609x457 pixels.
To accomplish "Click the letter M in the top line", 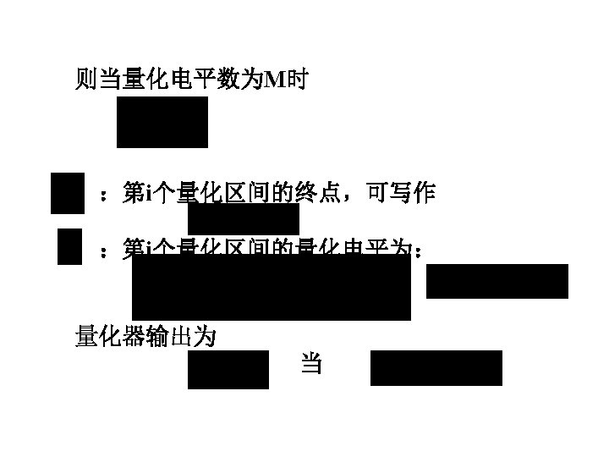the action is pos(277,81).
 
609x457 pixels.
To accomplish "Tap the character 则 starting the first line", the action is pos(87,81).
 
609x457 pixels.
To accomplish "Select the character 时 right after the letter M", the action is pos(298,81).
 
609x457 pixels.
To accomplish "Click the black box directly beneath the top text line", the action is pos(162,122).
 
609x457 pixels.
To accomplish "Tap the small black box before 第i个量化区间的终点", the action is pos(68,193).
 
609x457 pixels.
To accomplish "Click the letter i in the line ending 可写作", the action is pos(148,195).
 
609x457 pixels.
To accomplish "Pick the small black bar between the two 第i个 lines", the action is pos(244,220).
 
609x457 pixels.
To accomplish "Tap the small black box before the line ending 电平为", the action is pos(69,247).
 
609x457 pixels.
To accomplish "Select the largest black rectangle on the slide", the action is pos(272,288).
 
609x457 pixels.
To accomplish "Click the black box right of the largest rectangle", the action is pos(497,281).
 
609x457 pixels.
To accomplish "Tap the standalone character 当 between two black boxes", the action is pos(311,365).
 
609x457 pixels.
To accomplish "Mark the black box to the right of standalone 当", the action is pos(436,368).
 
